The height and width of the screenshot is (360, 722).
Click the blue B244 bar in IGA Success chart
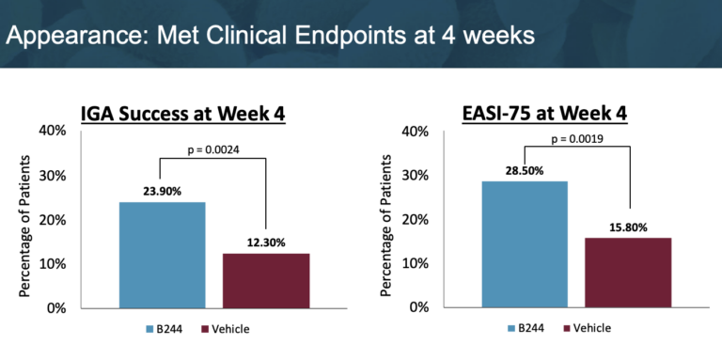tap(163, 255)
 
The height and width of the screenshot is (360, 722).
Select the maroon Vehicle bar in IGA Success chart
tap(266, 280)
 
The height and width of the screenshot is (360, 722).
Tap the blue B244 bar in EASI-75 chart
tap(524, 243)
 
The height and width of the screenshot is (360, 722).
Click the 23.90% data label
tap(163, 191)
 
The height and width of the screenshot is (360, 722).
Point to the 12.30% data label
tap(266, 243)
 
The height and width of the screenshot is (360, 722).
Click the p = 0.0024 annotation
tap(212, 148)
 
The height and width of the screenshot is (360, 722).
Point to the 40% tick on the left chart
tap(52, 132)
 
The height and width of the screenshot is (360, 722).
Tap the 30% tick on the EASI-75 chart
tap(416, 176)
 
